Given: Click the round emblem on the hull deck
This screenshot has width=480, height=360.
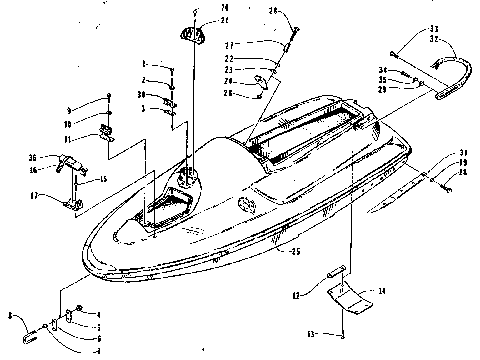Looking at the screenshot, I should [x=247, y=207].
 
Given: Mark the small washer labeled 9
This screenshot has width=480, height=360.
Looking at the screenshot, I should [x=108, y=100].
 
